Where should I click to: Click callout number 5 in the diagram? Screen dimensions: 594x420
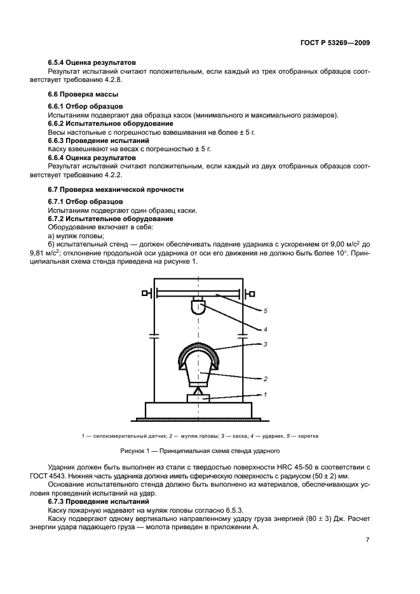(x=265, y=311)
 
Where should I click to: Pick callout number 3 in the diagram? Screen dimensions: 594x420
(x=265, y=344)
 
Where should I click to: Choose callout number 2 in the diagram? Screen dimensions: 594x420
(x=265, y=379)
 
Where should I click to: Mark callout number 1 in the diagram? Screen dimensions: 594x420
(x=265, y=395)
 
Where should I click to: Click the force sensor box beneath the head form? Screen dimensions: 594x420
(x=198, y=397)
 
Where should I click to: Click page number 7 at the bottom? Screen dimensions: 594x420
(x=367, y=540)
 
